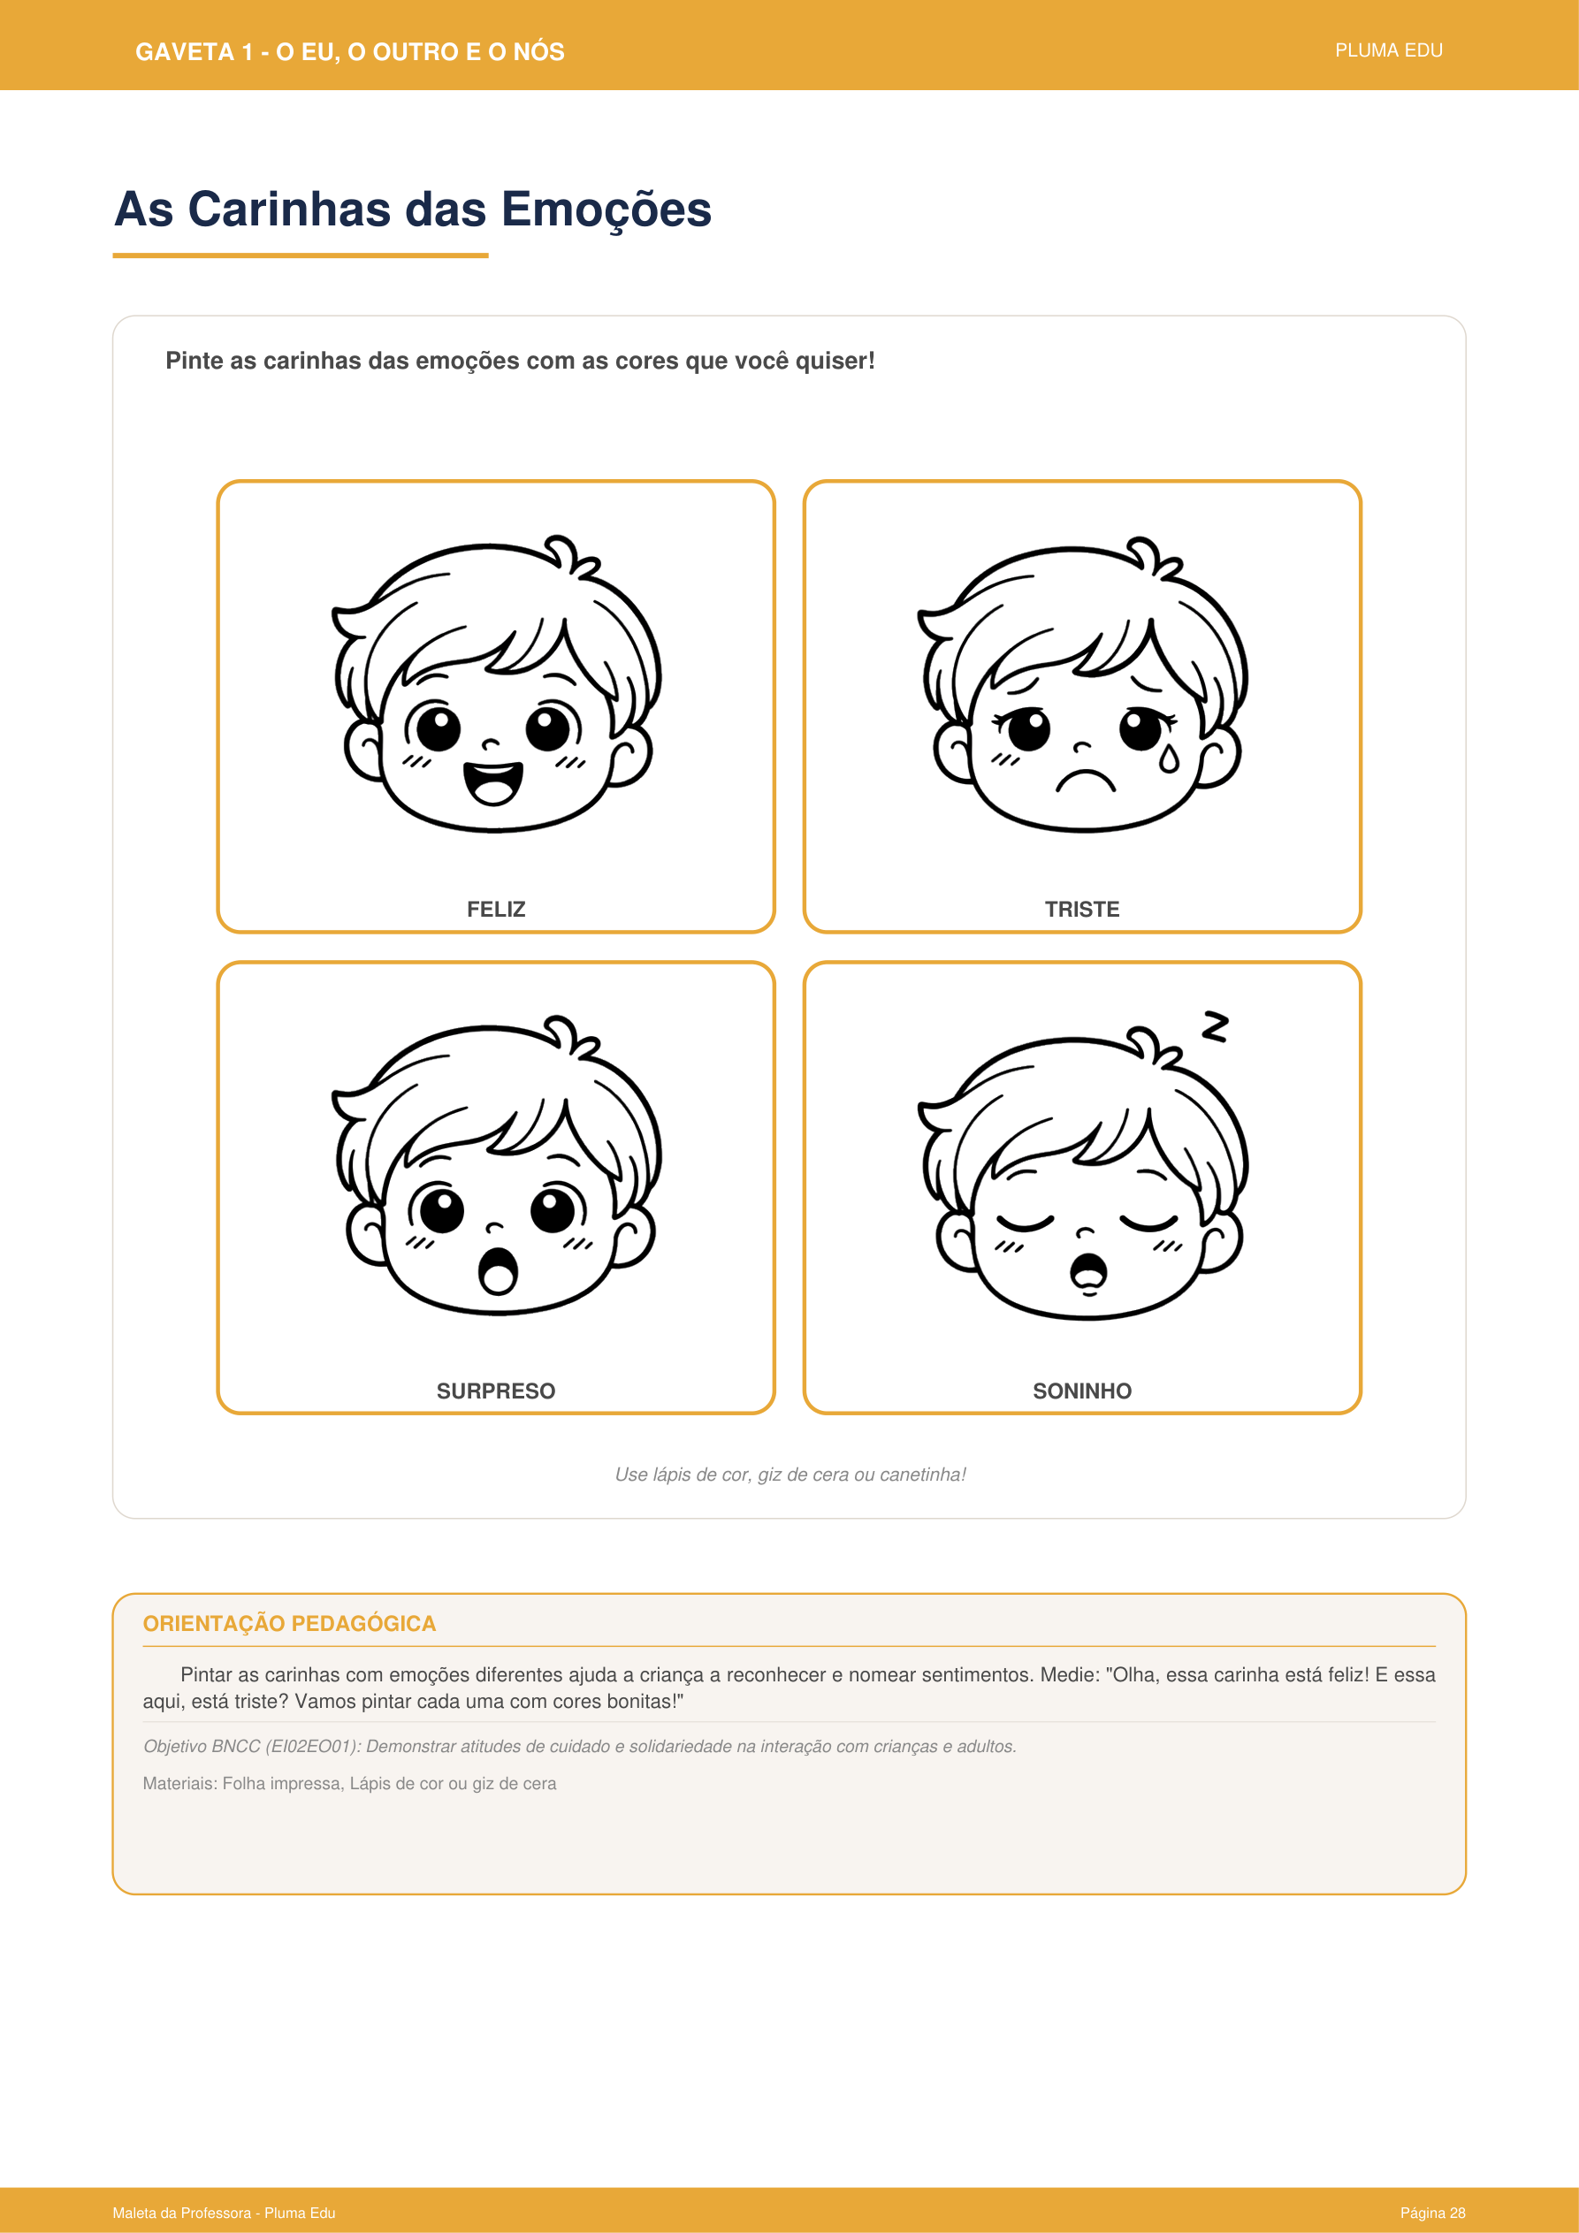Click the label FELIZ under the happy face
coord(495,910)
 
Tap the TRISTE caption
coord(1082,910)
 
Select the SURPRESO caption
coord(495,1391)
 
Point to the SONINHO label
coord(1082,1391)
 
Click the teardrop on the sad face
coord(1169,758)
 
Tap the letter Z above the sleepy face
coord(1214,1026)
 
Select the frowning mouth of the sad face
coord(1085,780)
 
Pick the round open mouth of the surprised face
coord(498,1270)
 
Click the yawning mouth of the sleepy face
coord(1088,1273)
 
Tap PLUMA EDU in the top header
coord(1388,50)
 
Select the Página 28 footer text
coord(1432,2213)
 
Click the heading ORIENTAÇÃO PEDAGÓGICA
coord(289,1623)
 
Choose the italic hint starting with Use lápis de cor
coord(790,1475)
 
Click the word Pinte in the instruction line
coord(195,361)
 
